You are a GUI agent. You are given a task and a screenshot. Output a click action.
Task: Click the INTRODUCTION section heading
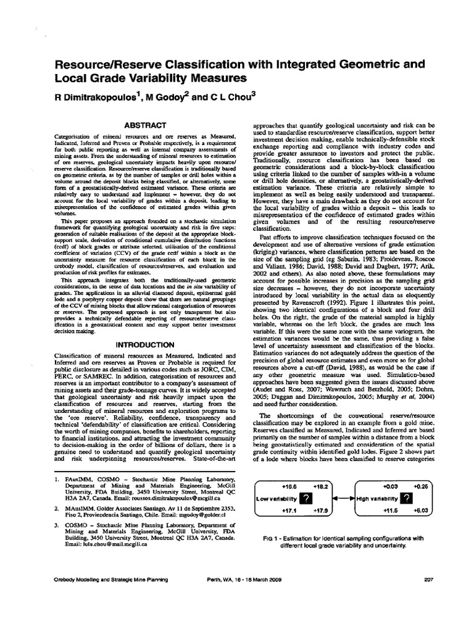point(146,344)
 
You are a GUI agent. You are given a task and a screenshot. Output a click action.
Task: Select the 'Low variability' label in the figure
point(275,499)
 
